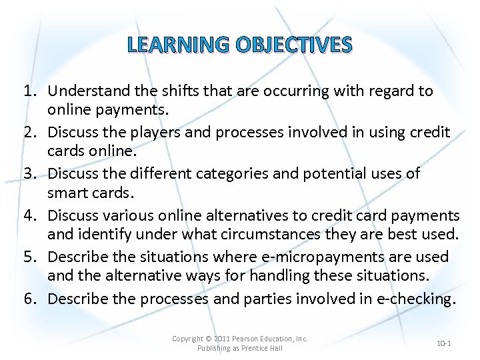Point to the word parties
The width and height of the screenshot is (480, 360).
[270, 299]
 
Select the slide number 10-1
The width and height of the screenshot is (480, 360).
[444, 343]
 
